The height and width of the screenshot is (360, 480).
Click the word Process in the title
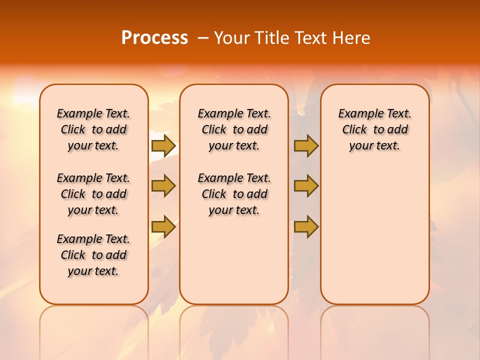[154, 37]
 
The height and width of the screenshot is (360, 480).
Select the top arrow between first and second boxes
[163, 145]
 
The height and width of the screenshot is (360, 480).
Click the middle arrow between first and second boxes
[163, 186]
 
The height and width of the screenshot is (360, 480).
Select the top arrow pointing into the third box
[306, 145]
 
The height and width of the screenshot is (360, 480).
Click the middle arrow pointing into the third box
[306, 186]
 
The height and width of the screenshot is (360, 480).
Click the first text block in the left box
[93, 129]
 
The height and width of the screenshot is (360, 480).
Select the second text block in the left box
[93, 194]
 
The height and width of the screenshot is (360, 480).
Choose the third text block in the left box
[93, 255]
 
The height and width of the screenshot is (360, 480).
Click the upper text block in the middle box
[234, 129]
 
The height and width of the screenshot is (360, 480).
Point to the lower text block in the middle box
[234, 194]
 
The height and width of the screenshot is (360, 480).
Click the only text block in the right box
[374, 129]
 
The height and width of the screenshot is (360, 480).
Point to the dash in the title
[202, 38]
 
